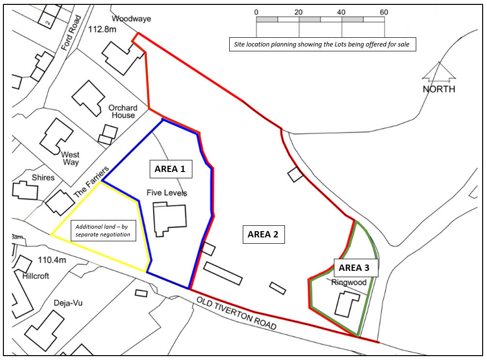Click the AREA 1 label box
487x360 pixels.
170,169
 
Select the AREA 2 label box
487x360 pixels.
263,235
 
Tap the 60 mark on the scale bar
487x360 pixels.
384,12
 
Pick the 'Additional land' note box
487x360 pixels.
104,230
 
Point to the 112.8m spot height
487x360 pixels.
103,30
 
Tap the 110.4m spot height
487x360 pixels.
51,260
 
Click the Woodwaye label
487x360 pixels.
131,19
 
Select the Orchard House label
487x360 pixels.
123,111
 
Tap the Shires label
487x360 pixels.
43,178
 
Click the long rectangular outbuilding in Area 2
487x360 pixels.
222,273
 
